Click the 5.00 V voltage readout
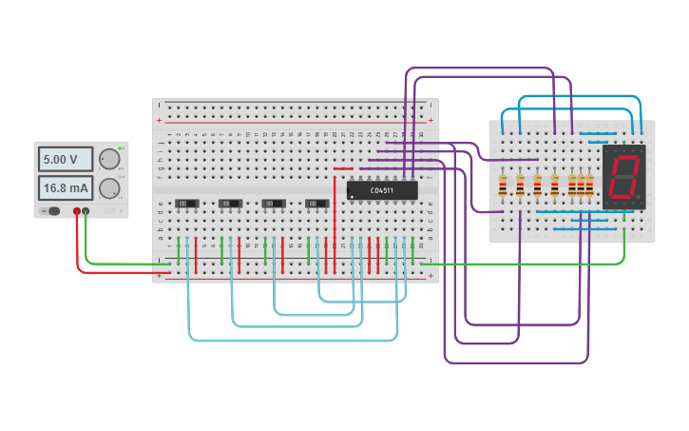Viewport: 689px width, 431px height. point(65,159)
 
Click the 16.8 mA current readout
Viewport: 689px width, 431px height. point(65,187)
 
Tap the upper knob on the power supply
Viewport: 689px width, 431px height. point(110,159)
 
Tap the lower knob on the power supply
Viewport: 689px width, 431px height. point(110,187)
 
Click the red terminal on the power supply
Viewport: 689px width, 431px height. point(77,211)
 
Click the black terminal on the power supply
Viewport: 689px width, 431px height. point(86,211)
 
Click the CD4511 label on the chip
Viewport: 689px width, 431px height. point(382,190)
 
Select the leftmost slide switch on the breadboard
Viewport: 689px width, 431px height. point(186,203)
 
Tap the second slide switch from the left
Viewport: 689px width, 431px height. point(230,203)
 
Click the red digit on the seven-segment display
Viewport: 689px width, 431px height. point(622,177)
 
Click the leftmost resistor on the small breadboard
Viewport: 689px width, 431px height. point(502,186)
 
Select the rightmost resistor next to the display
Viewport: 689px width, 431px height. point(589,186)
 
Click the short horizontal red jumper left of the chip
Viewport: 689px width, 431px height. point(343,169)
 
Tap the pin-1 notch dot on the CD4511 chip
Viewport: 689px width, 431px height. point(353,197)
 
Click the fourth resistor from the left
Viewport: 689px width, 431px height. point(554,186)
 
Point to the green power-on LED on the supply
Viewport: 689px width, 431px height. point(122,149)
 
